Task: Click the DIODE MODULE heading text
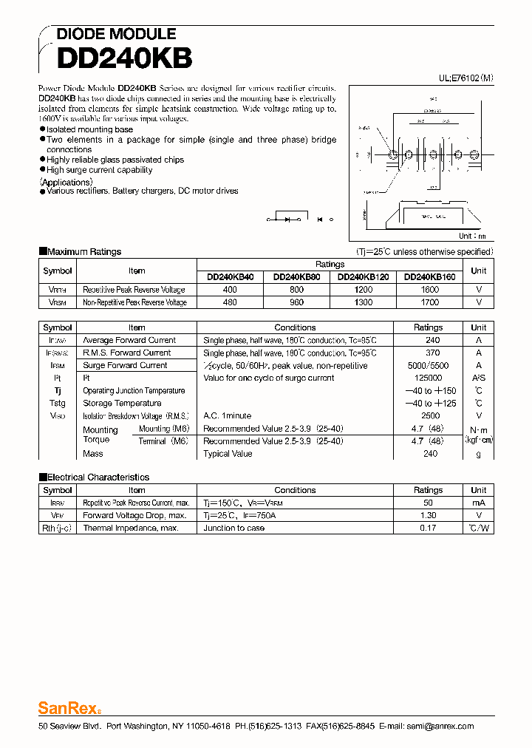pos(116,34)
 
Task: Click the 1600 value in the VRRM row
pos(429,290)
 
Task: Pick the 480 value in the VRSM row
pos(230,302)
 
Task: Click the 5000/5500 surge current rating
pos(428,365)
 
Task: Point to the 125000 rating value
pos(428,378)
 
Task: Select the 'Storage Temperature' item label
pos(122,404)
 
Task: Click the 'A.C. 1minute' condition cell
pos(228,416)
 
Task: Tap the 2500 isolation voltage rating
pos(430,416)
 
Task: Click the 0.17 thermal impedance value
pos(428,528)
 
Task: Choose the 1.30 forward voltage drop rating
pos(428,516)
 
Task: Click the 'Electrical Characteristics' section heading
pos(98,477)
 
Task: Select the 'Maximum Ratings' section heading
pos(84,252)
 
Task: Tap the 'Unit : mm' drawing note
pos(472,237)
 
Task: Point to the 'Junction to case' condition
pos(234,528)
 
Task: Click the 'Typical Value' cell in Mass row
pos(228,454)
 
